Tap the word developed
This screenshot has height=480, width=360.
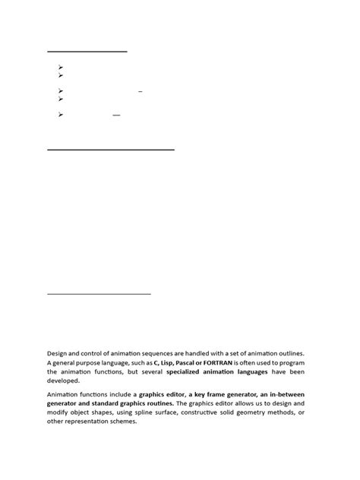[65, 382]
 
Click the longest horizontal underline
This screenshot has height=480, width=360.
[111, 150]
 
